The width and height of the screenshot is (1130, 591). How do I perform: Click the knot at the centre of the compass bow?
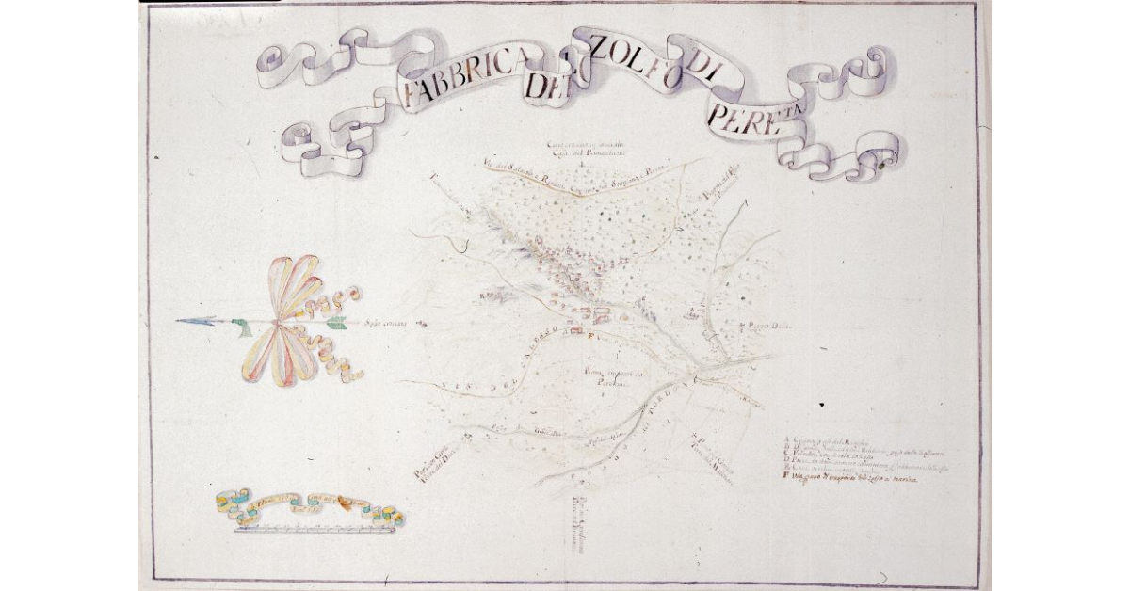tap(280, 324)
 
